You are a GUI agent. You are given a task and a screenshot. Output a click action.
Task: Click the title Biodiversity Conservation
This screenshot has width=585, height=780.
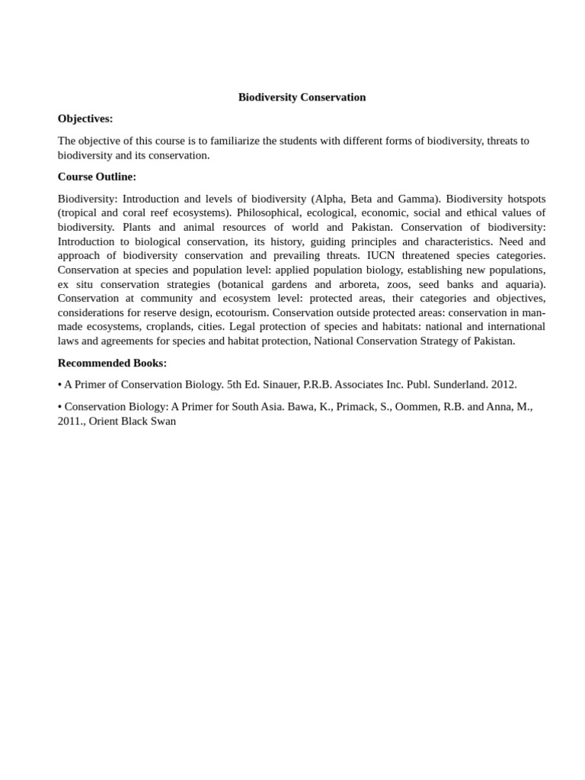pyautogui.click(x=302, y=97)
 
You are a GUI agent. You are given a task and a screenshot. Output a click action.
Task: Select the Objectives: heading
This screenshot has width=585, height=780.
pyautogui.click(x=85, y=119)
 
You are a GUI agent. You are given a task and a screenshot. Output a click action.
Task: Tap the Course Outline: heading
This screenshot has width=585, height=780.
pyautogui.click(x=97, y=177)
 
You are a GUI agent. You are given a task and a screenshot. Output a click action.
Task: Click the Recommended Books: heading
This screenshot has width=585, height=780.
pyautogui.click(x=112, y=363)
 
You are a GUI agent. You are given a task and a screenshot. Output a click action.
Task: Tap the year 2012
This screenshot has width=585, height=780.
pyautogui.click(x=503, y=385)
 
